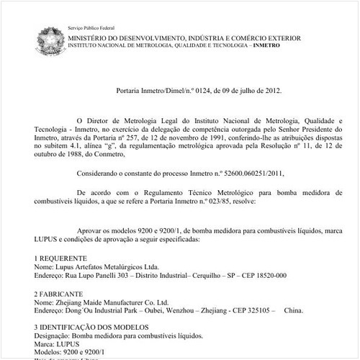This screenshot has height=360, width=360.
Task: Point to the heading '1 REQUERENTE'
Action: point(60,257)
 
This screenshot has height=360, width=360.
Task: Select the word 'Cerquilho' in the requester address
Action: point(202,275)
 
